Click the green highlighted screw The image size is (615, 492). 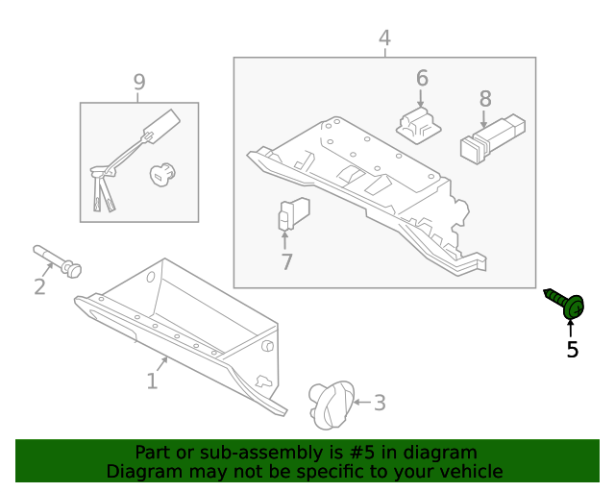pos(567,304)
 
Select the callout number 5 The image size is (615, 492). pos(573,350)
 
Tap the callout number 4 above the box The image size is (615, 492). pos(384,38)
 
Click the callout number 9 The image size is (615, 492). pos(139,83)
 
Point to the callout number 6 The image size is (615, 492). pos(421,78)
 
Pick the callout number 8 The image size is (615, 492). pos(485,98)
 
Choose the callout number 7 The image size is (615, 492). pos(286,261)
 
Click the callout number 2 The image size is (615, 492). pos(39,286)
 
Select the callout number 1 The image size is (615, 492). pos(152,381)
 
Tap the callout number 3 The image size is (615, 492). pos(379,403)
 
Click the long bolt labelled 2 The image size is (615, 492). pos(57,259)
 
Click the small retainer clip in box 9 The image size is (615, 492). pos(163,174)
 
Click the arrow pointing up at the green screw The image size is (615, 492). pos(572,329)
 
